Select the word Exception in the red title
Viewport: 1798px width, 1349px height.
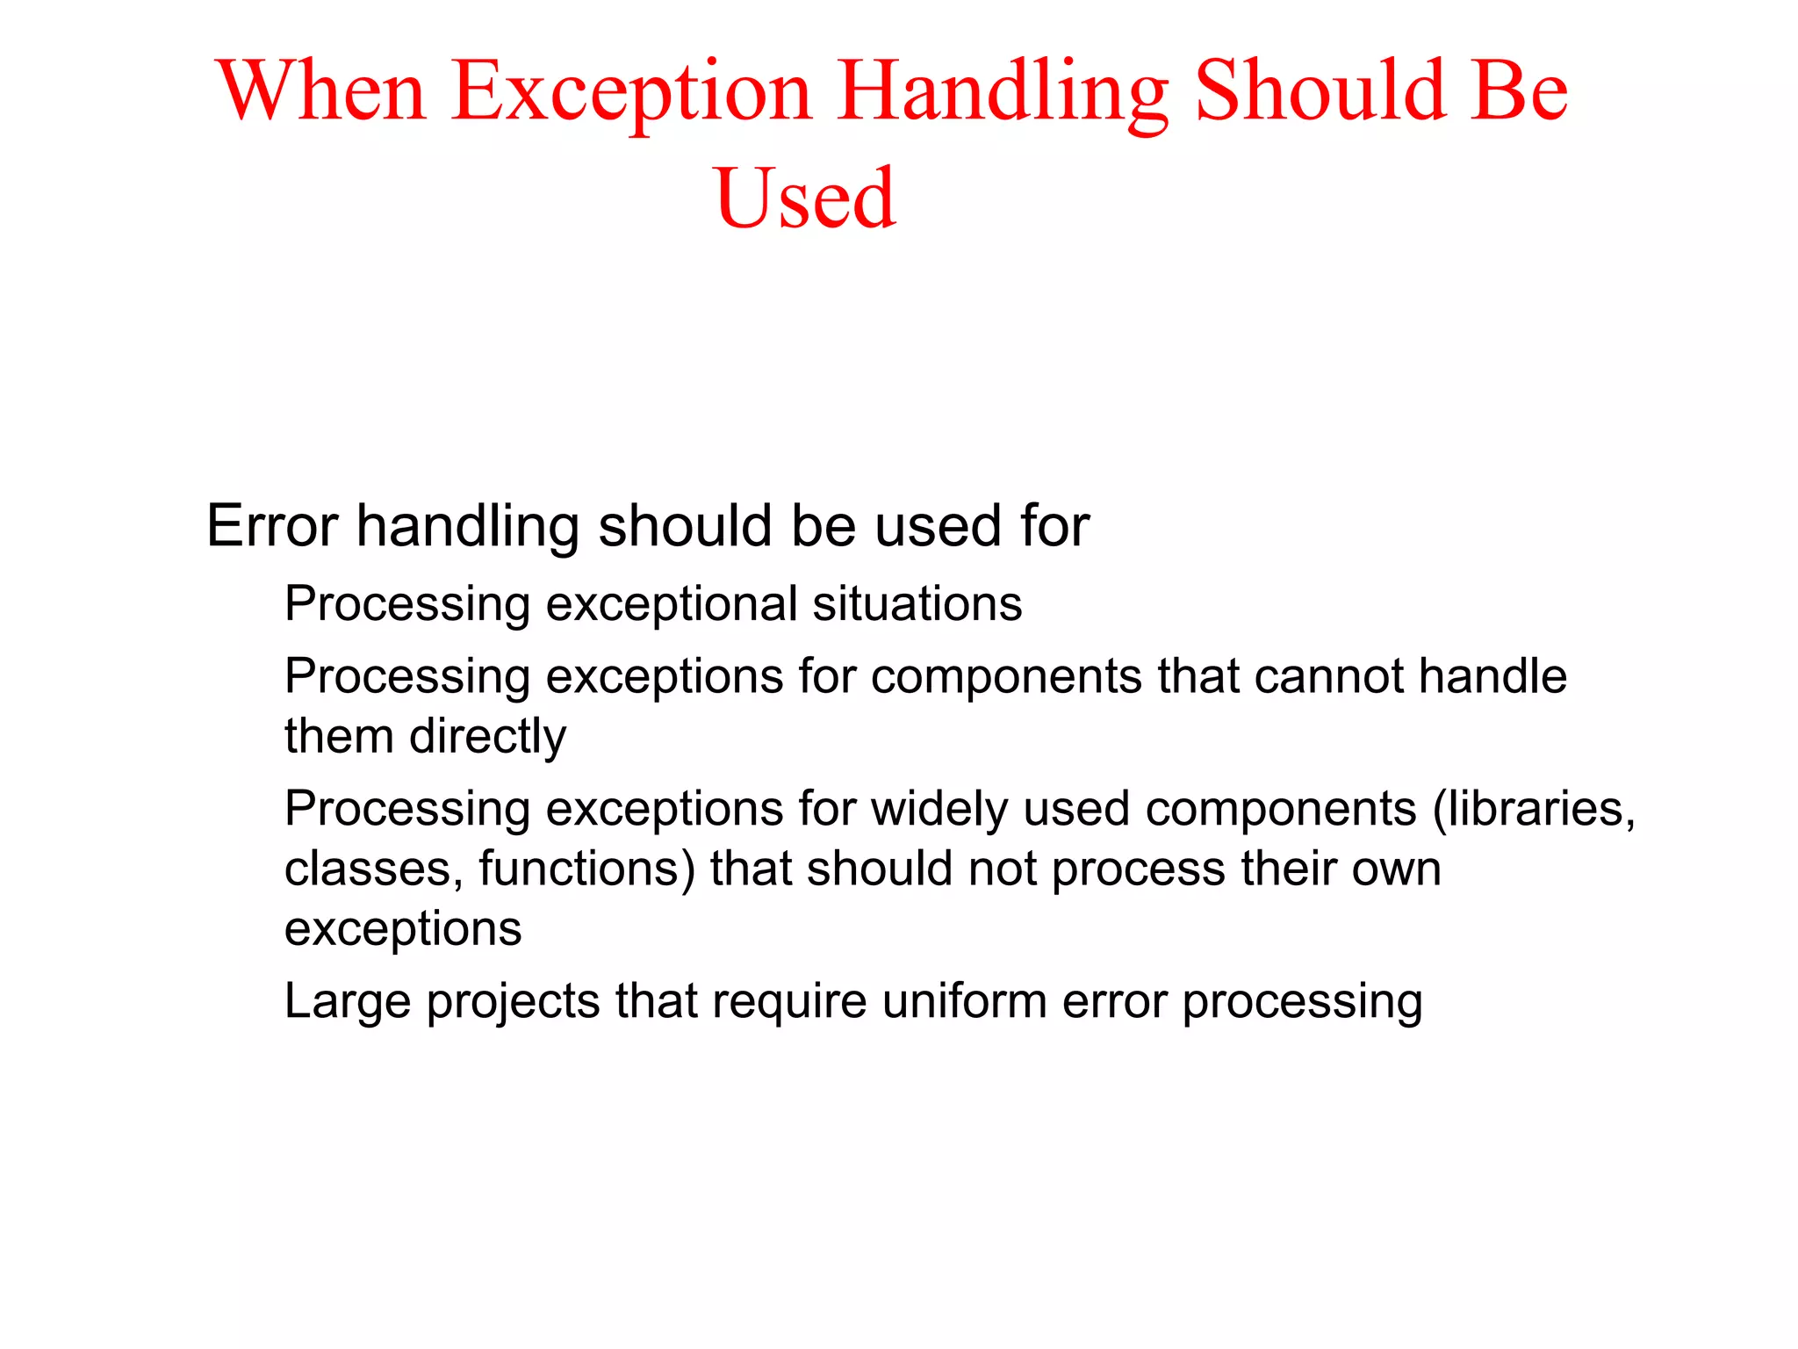(x=632, y=91)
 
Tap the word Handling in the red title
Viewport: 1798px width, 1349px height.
(x=1003, y=91)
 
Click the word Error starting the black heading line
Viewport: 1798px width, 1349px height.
(x=272, y=526)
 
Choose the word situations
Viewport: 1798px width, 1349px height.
(x=917, y=604)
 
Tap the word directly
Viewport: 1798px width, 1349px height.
(x=487, y=736)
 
